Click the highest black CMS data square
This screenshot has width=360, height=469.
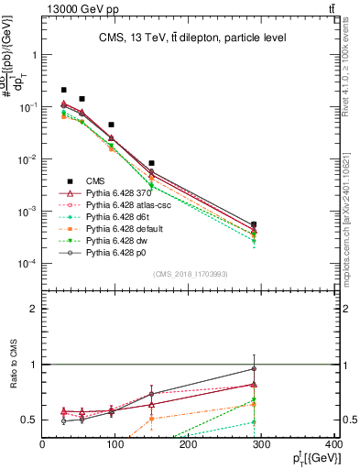coord(63,90)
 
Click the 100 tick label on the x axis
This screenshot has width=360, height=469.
coord(115,446)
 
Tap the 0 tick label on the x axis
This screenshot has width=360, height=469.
coord(42,446)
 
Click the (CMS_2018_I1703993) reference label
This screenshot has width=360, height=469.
coord(190,273)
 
